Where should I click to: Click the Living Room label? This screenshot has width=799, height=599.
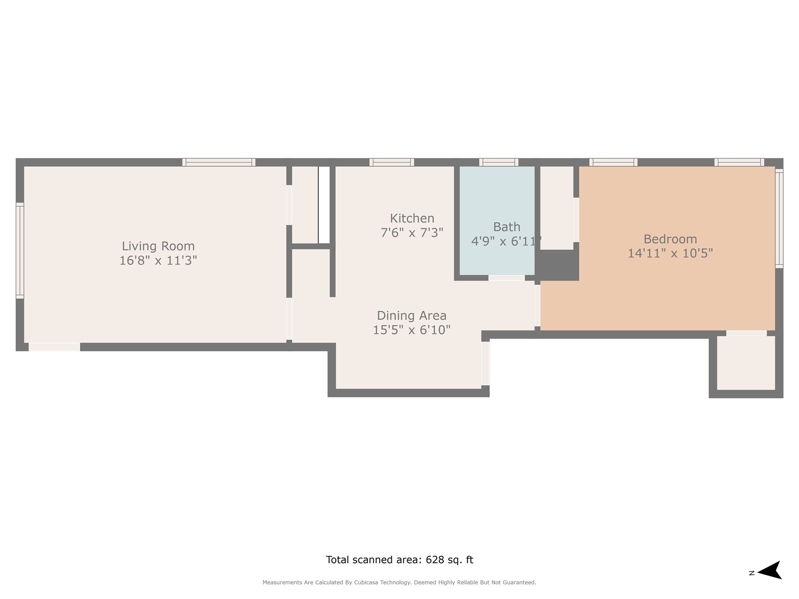coord(158,246)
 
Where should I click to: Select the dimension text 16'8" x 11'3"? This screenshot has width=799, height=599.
coord(158,261)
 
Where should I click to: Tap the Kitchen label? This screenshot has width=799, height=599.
coord(412,218)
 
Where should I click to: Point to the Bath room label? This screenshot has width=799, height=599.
coord(506,227)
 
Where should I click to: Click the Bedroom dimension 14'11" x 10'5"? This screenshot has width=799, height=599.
coord(670,253)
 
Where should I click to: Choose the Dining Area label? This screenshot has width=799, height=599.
coord(412,315)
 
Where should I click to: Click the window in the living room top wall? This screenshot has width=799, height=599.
coord(218,162)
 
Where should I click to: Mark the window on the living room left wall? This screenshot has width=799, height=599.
coord(20,250)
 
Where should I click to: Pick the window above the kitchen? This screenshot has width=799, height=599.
coord(392,162)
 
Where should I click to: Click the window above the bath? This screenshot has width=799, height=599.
coord(499,162)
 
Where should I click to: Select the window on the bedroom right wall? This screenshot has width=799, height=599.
coord(779,218)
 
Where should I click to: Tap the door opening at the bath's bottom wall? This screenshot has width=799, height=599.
coord(506,278)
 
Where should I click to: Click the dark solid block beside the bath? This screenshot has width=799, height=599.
coord(557,264)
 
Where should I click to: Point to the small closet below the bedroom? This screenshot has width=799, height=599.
coord(746,363)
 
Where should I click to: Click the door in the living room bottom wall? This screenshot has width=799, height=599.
coord(55,347)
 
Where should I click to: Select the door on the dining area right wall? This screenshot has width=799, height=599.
coord(485,363)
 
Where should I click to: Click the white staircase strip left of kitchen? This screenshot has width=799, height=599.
coord(324,205)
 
